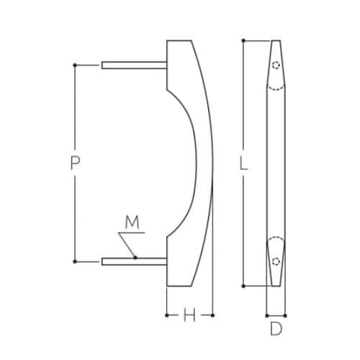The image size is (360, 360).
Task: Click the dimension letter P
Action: (x=74, y=163)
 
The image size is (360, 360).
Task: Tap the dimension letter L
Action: (x=244, y=163)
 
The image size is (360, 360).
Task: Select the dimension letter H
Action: (x=189, y=315)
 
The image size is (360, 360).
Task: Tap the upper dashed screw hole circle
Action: (x=276, y=66)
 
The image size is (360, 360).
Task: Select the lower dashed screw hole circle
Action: (x=276, y=261)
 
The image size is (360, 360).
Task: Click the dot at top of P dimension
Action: (x=75, y=66)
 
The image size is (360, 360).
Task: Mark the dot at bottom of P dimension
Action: (x=75, y=261)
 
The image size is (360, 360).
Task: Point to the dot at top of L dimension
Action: (x=244, y=40)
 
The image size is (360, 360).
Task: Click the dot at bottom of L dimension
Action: (x=244, y=286)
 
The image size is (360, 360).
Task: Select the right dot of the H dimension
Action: (x=214, y=315)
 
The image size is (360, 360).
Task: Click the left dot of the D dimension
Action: (x=266, y=315)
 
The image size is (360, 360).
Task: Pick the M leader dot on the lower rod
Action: (x=135, y=258)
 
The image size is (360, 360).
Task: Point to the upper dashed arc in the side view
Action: (x=276, y=89)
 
